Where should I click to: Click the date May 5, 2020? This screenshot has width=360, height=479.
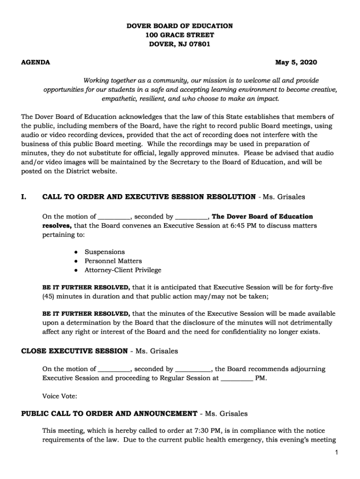295,62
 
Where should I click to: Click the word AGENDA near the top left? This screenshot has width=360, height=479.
36,62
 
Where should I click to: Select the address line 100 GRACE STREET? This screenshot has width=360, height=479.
180,35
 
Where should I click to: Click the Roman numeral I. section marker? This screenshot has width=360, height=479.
24,197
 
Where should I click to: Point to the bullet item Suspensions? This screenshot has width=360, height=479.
104,252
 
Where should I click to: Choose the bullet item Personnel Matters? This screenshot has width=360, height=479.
113,261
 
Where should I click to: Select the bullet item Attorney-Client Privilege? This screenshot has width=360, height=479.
122,270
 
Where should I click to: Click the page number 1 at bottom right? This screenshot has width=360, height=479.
336,452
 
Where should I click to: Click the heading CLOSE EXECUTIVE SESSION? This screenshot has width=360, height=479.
74,351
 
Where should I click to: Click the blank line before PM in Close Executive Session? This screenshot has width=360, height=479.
236,378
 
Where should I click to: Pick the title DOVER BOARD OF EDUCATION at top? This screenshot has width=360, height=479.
180,26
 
